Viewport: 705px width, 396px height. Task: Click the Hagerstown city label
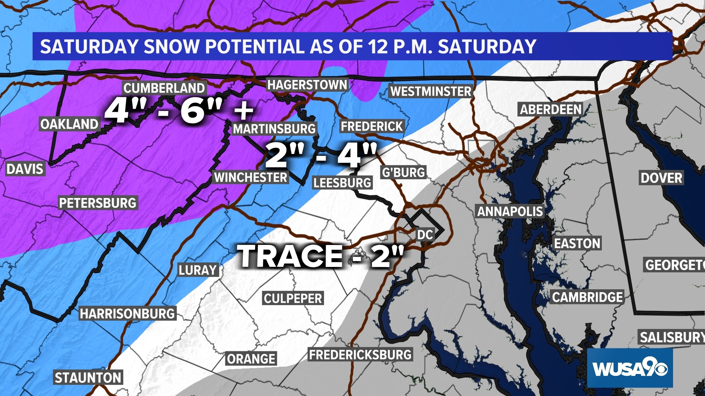click(307, 85)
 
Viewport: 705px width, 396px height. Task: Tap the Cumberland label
click(164, 88)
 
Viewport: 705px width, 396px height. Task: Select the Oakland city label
click(69, 124)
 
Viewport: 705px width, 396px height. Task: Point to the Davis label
click(25, 169)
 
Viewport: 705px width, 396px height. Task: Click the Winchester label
click(251, 177)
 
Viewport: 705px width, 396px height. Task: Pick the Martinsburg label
click(274, 129)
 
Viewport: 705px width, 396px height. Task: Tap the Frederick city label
click(372, 126)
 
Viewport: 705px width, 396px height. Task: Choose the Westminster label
click(431, 92)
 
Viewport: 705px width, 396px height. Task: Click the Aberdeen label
click(551, 110)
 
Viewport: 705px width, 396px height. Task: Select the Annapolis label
click(510, 212)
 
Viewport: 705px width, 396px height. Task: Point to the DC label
click(425, 235)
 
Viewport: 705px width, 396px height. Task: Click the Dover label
click(661, 178)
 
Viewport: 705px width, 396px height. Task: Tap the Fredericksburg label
click(360, 355)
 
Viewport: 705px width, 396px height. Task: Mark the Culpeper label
click(293, 298)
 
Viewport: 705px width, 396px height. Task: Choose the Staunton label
click(88, 378)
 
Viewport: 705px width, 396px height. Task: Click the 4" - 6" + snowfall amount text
click(179, 111)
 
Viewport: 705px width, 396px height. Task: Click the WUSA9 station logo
click(630, 368)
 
